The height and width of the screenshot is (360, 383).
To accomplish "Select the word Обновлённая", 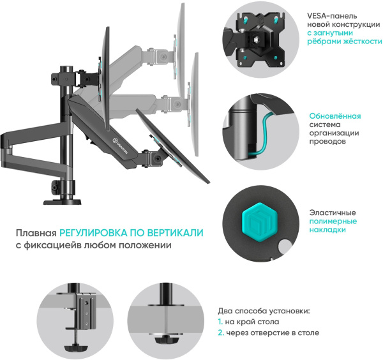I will [x=335, y=116].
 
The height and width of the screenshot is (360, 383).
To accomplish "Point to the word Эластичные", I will [x=332, y=213].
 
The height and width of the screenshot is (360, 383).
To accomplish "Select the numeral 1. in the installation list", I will [x=220, y=322].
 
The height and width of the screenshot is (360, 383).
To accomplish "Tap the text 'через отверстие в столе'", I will [x=273, y=333].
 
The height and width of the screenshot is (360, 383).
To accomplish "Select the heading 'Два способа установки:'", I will [x=264, y=311].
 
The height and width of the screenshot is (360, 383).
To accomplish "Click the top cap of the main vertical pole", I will [x=64, y=67].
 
